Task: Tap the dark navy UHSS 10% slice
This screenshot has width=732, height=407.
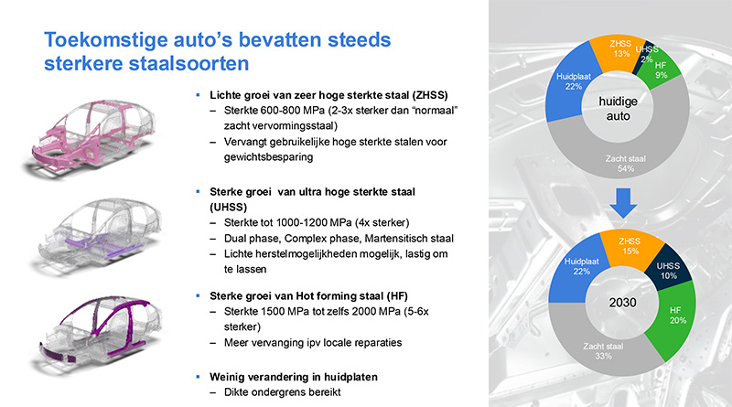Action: click(x=669, y=268)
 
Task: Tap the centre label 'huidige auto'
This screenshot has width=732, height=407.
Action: click(x=619, y=108)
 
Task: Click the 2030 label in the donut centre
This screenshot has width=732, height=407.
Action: click(x=622, y=303)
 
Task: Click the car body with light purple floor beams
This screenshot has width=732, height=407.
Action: click(x=98, y=236)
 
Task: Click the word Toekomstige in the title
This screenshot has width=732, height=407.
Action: click(x=106, y=40)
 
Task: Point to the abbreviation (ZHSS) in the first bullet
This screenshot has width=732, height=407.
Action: click(x=429, y=95)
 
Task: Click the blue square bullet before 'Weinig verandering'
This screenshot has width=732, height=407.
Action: click(x=198, y=376)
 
